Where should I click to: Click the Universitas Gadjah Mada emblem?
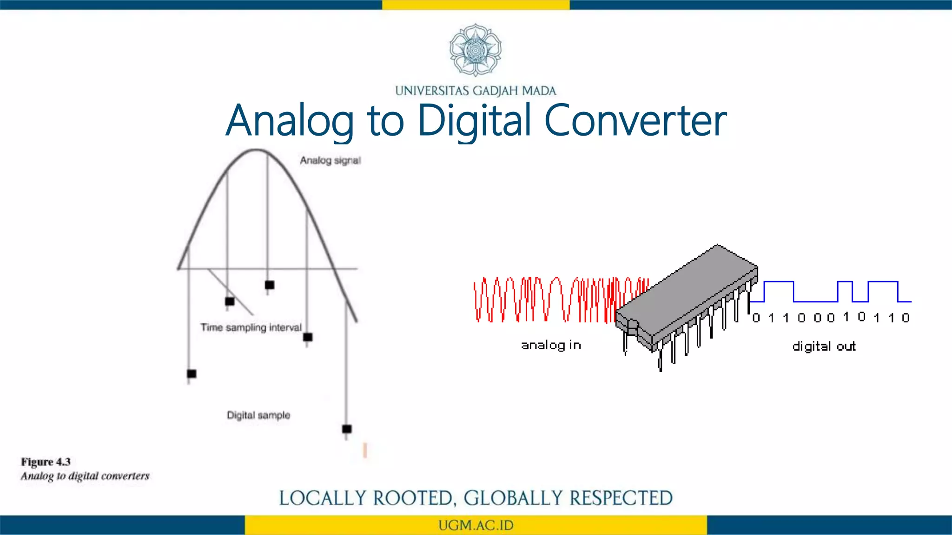pyautogui.click(x=476, y=50)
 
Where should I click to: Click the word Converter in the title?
pyautogui.click(x=635, y=120)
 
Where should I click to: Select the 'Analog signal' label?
pyautogui.click(x=330, y=161)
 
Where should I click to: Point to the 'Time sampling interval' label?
pyautogui.click(x=251, y=327)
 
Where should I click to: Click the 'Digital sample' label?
pyautogui.click(x=258, y=415)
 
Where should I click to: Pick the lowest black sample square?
pyautogui.click(x=347, y=429)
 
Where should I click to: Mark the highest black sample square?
pyautogui.click(x=270, y=285)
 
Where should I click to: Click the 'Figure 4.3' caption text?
pyautogui.click(x=46, y=462)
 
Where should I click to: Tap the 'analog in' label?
pyautogui.click(x=551, y=345)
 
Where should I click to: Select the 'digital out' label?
pyautogui.click(x=824, y=346)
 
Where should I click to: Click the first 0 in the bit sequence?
pyautogui.click(x=756, y=318)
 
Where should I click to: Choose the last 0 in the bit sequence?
pyautogui.click(x=906, y=318)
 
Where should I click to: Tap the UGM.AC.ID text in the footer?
pyautogui.click(x=476, y=525)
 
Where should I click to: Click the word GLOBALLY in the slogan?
pyautogui.click(x=513, y=498)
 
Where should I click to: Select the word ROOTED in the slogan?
pyautogui.click(x=412, y=498)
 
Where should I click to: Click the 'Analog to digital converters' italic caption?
pyautogui.click(x=85, y=476)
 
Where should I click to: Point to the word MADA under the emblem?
pyautogui.click(x=539, y=91)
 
